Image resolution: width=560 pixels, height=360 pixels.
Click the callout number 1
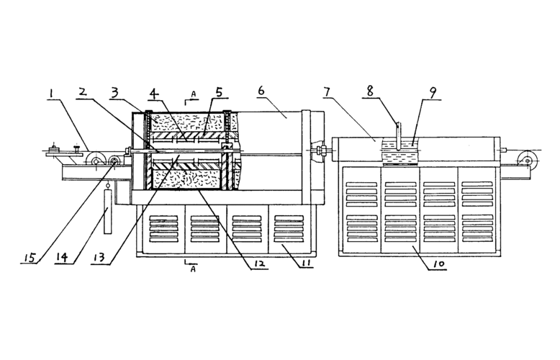pos(52,94)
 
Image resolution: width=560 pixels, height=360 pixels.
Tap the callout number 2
pos(83,94)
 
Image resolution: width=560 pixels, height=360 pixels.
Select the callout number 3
pos(114,94)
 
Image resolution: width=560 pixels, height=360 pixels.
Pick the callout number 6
pos(261,94)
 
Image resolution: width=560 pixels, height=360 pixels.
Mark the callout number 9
pos(432,94)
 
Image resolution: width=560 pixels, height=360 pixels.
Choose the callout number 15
pos(30,258)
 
